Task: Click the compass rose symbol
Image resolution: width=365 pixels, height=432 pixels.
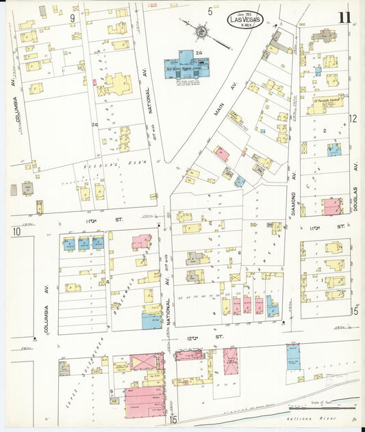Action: pos(201,31)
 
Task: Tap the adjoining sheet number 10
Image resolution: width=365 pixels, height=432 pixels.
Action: pos(16,232)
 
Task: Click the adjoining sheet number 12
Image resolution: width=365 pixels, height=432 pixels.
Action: pos(353,118)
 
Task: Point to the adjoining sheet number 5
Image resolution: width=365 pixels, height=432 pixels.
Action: pos(210,12)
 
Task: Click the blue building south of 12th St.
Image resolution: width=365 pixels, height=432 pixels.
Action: pos(293,357)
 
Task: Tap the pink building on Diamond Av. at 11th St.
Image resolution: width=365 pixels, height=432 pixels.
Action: pos(332,206)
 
